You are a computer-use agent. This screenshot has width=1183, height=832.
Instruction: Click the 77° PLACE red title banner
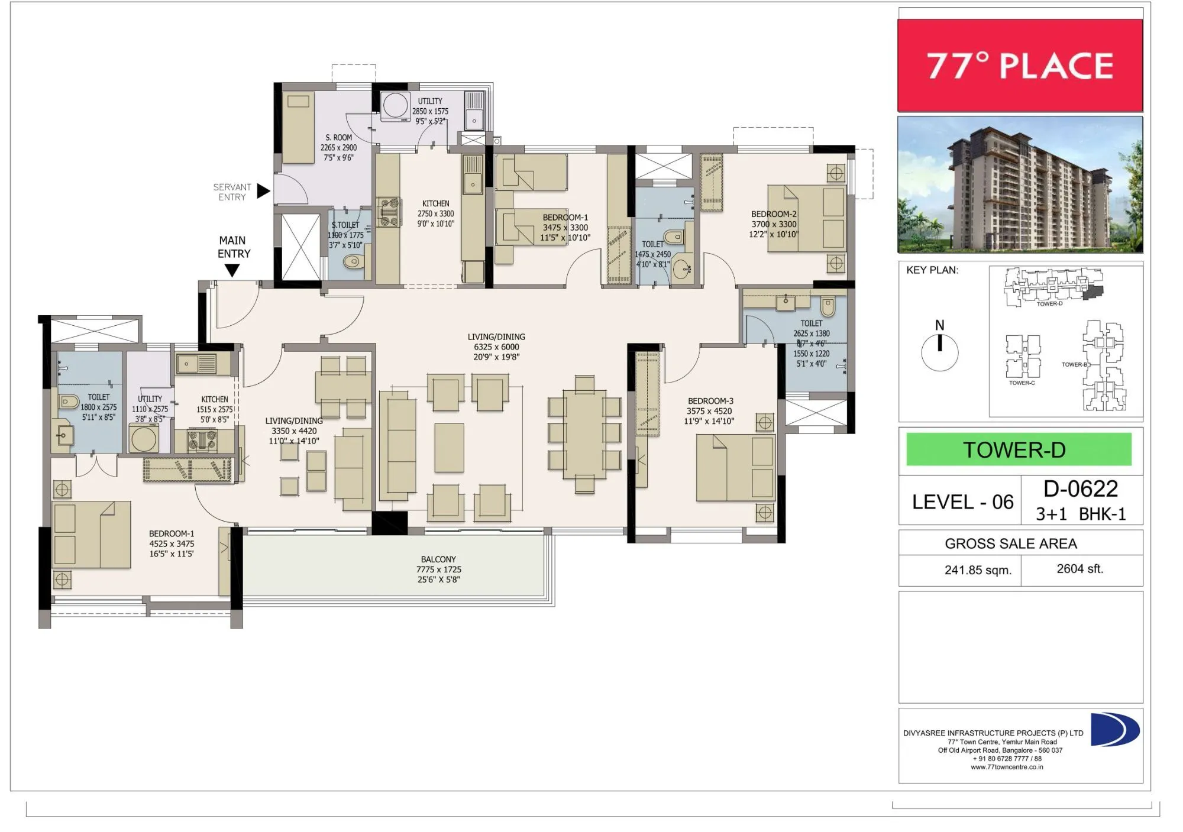[x=1020, y=65]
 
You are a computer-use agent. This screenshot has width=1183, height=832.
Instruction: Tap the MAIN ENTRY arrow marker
[x=232, y=271]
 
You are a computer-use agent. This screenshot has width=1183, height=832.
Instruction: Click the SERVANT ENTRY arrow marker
[x=264, y=191]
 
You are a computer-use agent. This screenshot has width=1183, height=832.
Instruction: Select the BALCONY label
[x=438, y=559]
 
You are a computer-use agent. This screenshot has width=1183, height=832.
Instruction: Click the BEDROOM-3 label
[x=710, y=401]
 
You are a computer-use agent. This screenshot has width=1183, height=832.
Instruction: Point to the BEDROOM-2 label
[x=774, y=214]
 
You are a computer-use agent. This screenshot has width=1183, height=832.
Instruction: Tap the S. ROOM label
[x=338, y=137]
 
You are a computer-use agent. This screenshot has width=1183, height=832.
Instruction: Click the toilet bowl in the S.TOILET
[x=353, y=261]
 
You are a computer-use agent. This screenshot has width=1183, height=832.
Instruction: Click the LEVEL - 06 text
[x=962, y=502]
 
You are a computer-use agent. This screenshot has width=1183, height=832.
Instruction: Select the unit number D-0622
[x=1081, y=489]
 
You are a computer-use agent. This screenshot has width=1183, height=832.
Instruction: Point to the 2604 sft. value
[x=1079, y=569]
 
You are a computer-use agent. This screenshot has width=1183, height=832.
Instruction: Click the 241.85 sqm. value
[x=978, y=570]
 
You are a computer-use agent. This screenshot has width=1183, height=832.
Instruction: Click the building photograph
[x=1020, y=184]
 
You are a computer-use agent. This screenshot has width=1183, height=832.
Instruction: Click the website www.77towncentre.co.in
[x=1007, y=767]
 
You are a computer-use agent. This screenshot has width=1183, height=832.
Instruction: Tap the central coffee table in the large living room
[x=449, y=447]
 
